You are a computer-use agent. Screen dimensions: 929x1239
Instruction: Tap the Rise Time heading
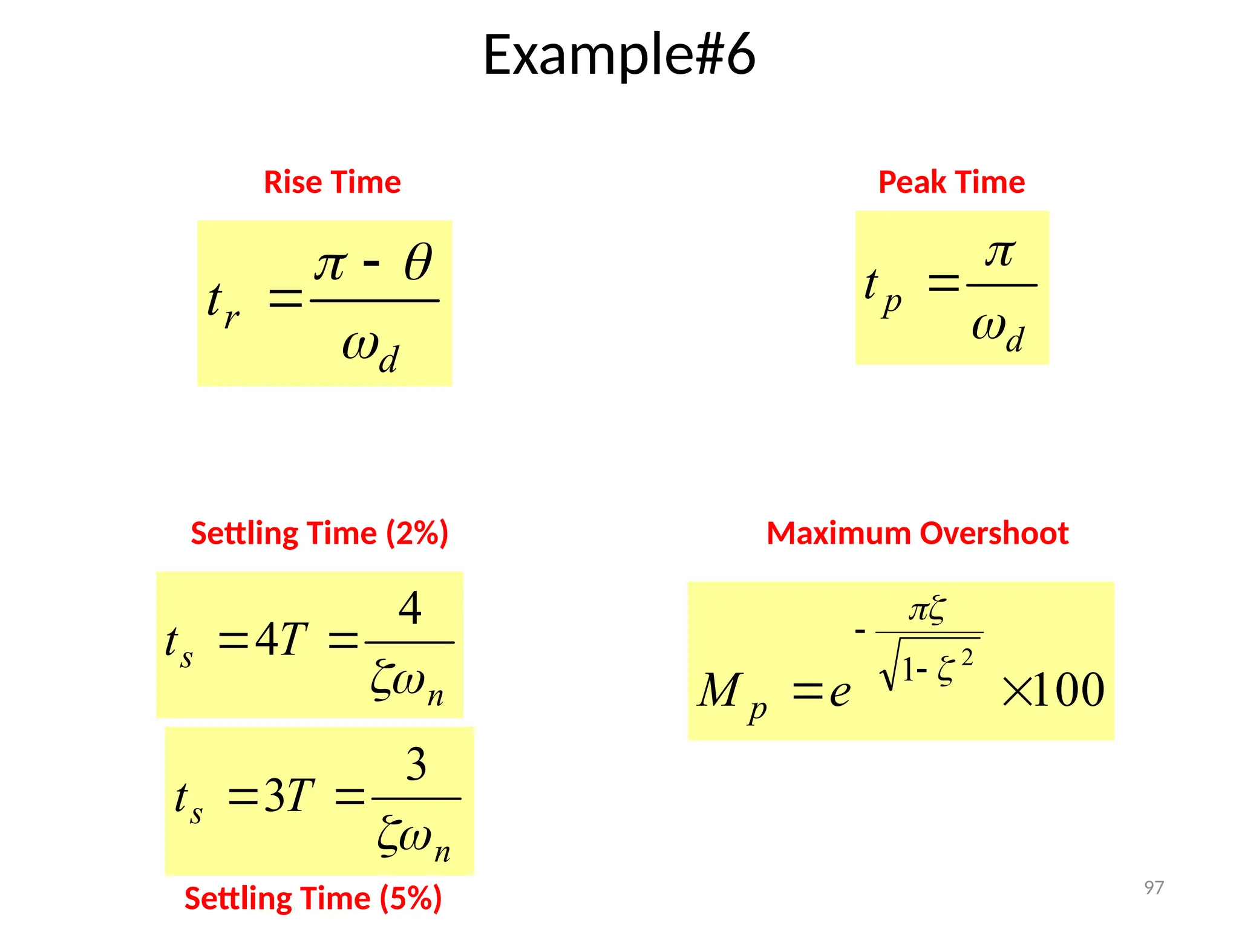(x=332, y=182)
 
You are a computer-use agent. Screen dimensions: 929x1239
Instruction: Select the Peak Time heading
(x=951, y=182)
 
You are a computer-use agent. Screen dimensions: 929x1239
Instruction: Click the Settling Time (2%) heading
(x=319, y=533)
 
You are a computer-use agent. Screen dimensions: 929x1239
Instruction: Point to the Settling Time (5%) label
(x=313, y=898)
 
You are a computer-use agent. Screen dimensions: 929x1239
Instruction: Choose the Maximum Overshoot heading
(x=917, y=533)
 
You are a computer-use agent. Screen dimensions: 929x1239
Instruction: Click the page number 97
(x=1154, y=887)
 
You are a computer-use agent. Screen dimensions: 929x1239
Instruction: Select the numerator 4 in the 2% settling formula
(x=410, y=608)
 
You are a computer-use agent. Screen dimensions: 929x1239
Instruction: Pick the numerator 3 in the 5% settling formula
(x=416, y=764)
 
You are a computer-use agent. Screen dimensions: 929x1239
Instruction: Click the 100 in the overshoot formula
(x=1069, y=690)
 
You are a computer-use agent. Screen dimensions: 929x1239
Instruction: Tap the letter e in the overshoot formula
(x=840, y=692)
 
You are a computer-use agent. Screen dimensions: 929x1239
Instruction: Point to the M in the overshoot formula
(x=719, y=690)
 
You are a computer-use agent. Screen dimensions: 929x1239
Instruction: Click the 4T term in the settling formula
(x=281, y=639)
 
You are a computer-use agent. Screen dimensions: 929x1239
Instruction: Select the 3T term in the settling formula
(x=289, y=795)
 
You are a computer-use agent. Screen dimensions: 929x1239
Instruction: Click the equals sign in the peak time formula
(x=943, y=282)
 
